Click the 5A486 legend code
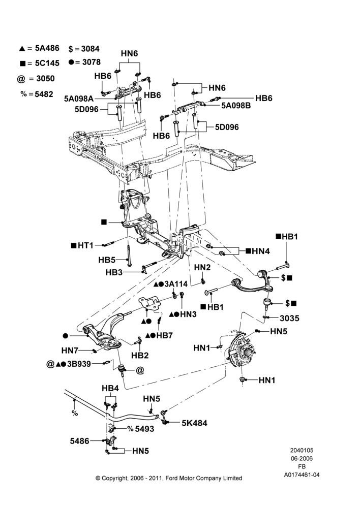[47, 48]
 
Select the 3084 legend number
[90, 49]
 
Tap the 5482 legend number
[44, 94]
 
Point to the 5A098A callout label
[78, 99]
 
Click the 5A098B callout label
[236, 105]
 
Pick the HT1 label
[85, 245]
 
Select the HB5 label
[107, 260]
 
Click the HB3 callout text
[114, 272]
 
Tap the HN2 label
[202, 267]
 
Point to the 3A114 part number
[176, 284]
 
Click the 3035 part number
[290, 318]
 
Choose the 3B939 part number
[79, 364]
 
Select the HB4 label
[110, 388]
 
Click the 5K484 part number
[194, 423]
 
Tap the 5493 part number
[144, 429]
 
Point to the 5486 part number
[79, 441]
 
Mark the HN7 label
[70, 351]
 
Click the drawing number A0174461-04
[302, 475]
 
